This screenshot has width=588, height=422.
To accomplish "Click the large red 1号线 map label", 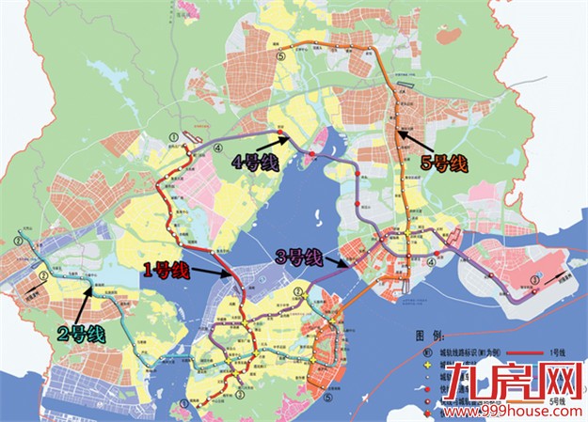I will (167, 272).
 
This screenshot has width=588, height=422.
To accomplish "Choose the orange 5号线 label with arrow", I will (443, 164).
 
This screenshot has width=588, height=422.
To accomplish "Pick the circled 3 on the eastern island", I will (535, 279).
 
